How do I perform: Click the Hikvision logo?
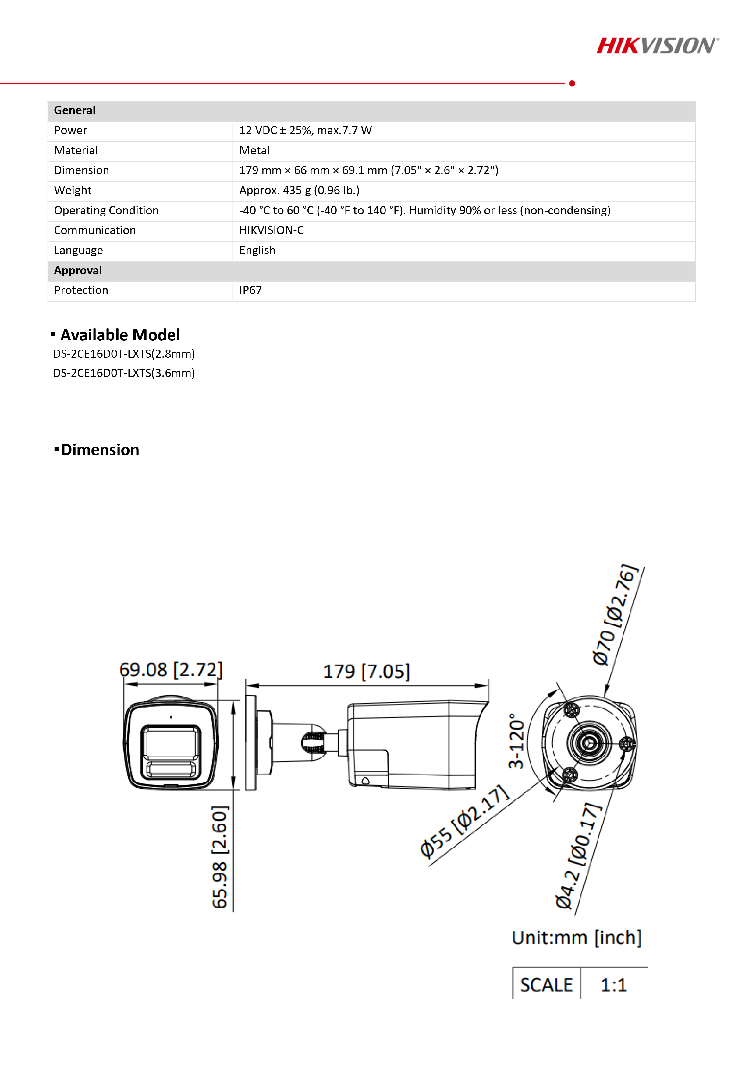657,46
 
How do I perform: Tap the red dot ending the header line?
572,83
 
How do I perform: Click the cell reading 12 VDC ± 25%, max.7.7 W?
305,131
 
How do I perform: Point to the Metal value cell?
254,151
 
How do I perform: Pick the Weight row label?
73,191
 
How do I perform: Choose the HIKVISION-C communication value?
272,231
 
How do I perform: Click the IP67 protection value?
250,291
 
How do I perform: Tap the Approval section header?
78,271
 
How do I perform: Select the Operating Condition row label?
106,211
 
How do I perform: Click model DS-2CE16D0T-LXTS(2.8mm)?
124,354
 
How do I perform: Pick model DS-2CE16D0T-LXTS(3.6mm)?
124,373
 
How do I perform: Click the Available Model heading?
120,335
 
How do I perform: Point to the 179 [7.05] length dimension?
366,672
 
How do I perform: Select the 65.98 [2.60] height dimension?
220,857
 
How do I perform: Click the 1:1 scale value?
614,985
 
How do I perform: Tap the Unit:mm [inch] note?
576,938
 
